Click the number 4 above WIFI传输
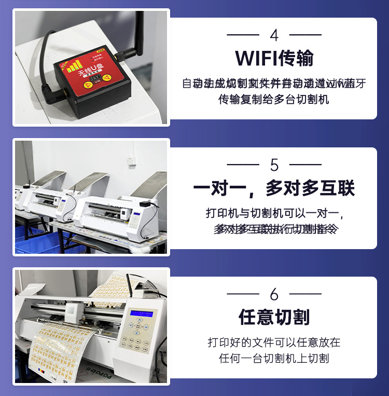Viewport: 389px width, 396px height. pyautogui.click(x=274, y=35)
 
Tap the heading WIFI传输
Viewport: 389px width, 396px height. pyautogui.click(x=274, y=58)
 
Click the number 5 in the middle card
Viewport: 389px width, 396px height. pyautogui.click(x=274, y=165)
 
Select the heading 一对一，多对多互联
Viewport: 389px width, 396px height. pyautogui.click(x=274, y=188)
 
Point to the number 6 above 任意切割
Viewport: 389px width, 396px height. pyautogui.click(x=274, y=294)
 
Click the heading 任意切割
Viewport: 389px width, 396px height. pyautogui.click(x=274, y=317)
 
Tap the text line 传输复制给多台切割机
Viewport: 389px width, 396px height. pyautogui.click(x=274, y=99)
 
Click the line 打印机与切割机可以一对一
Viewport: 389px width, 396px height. pyautogui.click(x=274, y=213)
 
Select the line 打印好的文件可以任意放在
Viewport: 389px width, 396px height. pyautogui.click(x=274, y=343)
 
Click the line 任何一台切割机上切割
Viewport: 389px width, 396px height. pyautogui.click(x=274, y=358)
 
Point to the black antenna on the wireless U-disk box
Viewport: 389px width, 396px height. pyautogui.click(x=139, y=31)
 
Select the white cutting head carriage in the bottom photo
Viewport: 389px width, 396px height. pyautogui.click(x=73, y=311)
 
